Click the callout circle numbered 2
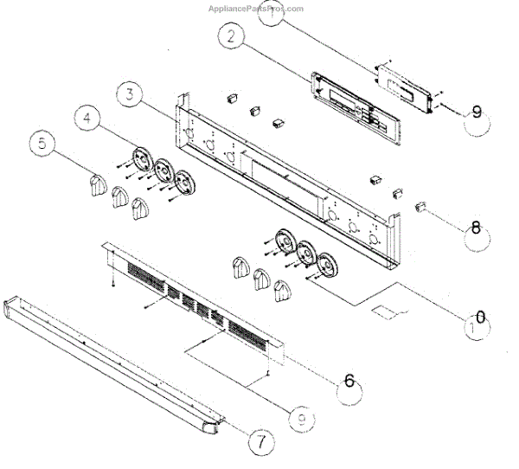(231, 38)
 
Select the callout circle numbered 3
(127, 95)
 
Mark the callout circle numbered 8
(476, 229)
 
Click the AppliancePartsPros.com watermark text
(256, 9)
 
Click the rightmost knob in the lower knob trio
(281, 292)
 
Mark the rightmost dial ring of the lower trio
(326, 266)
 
